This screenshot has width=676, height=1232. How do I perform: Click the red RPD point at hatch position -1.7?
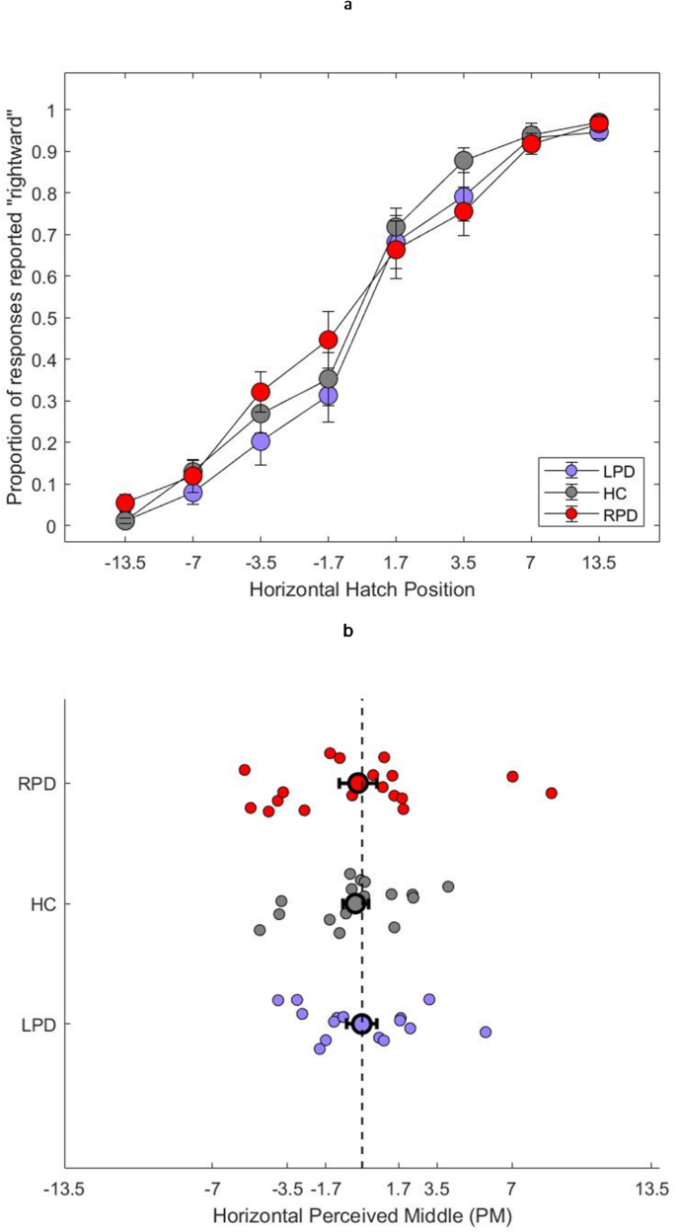329,341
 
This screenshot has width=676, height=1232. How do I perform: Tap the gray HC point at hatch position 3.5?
464,161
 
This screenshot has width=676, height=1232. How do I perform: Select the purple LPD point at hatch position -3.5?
261,441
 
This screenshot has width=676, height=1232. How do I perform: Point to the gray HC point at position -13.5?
125,520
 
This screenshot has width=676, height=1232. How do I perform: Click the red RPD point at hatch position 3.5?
464,212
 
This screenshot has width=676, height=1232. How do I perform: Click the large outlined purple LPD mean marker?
362,1024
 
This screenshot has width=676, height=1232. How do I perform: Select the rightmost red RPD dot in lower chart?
552,793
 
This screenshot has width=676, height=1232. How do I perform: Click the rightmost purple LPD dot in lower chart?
486,1032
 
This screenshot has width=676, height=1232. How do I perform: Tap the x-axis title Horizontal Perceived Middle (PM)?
362,1213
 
